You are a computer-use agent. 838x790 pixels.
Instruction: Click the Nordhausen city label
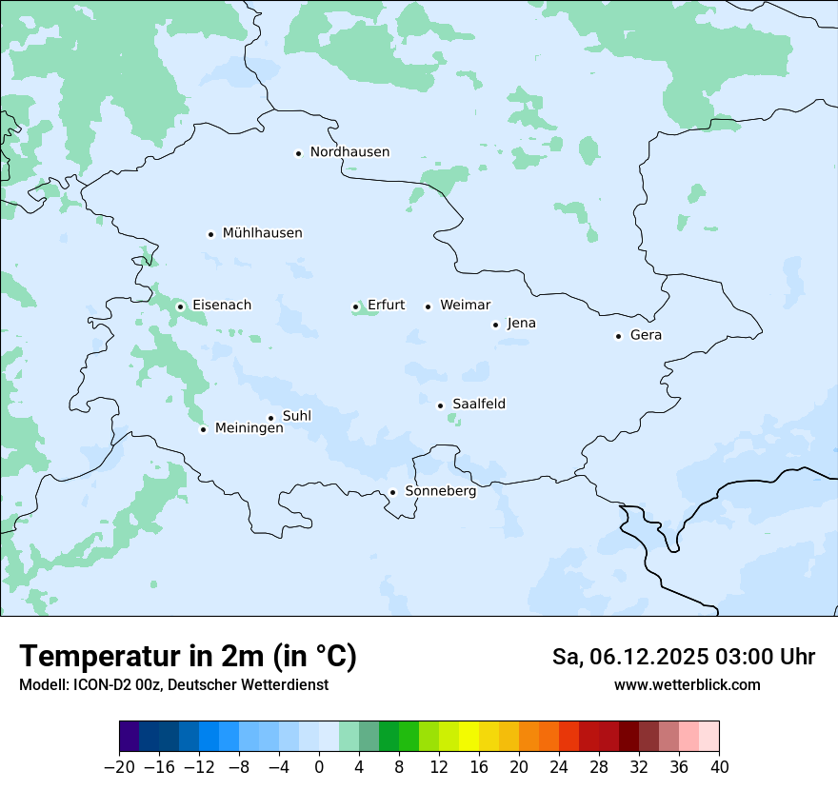click(349, 152)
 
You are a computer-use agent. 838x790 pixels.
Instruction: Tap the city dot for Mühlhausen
click(210, 234)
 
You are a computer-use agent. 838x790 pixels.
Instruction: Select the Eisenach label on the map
click(222, 306)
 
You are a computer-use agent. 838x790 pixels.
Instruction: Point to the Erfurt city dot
click(356, 306)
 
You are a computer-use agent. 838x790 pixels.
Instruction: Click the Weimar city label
click(466, 306)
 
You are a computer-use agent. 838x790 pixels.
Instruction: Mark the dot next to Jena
click(495, 325)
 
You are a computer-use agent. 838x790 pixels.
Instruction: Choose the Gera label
click(646, 335)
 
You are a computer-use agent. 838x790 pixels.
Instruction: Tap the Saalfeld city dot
click(440, 405)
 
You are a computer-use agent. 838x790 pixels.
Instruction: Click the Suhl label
click(297, 416)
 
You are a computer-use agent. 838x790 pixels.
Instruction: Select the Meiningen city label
click(249, 428)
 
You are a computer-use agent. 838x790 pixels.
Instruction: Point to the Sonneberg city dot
click(392, 493)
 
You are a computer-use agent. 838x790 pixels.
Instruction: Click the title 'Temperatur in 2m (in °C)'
click(188, 656)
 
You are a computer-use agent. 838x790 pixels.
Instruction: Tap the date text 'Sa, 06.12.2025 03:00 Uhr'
click(683, 657)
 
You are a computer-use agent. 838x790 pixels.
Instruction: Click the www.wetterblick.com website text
click(687, 684)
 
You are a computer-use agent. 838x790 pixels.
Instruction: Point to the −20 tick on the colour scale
click(119, 767)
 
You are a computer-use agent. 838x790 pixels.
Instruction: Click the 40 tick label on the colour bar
click(719, 767)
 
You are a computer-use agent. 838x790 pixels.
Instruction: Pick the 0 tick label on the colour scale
click(319, 767)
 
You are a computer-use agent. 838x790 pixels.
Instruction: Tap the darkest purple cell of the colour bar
click(129, 737)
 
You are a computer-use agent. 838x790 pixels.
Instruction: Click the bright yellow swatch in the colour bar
click(469, 737)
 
